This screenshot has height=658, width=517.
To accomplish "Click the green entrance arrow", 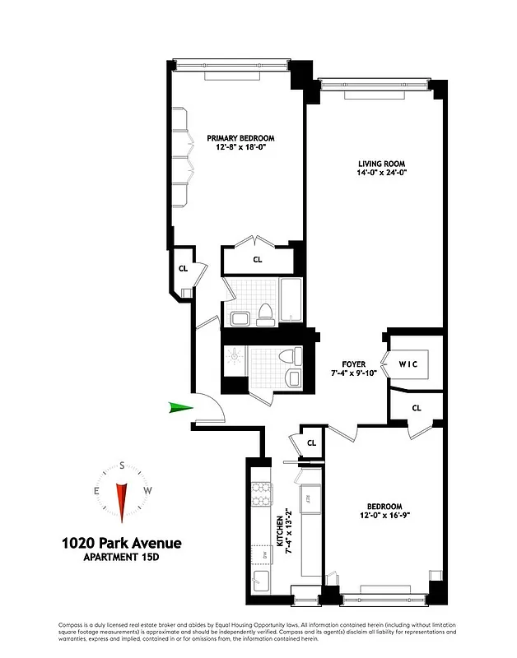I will pos(180,407).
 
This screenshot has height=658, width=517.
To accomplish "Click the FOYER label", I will pos(354,364).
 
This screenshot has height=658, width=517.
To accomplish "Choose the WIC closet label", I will pos(410,364).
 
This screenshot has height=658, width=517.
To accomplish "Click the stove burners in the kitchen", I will pos(261,493).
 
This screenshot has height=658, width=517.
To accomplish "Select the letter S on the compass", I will pos(122,466).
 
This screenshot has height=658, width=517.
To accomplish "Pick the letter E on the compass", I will pos(97,491).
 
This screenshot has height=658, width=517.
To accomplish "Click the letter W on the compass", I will pos(147,491).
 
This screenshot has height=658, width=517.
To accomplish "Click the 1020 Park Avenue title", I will pos(122,543).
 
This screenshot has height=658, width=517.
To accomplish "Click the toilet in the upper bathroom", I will pos(265,313).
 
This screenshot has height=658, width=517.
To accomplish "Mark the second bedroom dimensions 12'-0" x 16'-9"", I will pos(384,516).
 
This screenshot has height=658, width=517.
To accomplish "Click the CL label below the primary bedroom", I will pos(257,260).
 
